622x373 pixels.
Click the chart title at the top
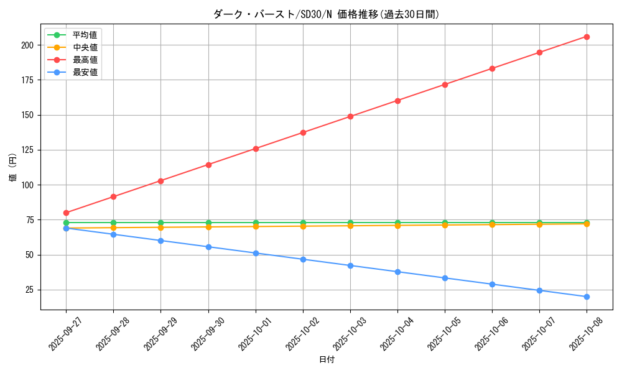(326, 14)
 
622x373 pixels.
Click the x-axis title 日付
(326, 360)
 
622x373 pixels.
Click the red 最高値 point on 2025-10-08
(587, 37)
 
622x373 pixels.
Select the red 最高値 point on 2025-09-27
(66, 213)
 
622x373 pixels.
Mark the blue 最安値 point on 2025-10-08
(587, 297)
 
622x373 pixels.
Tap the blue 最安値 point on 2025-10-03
(350, 265)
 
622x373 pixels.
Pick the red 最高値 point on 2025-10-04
(397, 101)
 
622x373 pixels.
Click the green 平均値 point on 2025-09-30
(208, 223)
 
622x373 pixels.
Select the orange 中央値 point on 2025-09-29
(160, 228)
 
